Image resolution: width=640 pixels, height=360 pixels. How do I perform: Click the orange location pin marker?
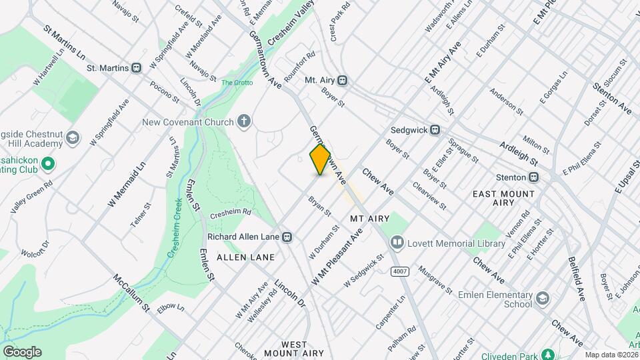(321, 159)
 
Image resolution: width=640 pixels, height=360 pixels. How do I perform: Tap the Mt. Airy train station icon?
(343, 80)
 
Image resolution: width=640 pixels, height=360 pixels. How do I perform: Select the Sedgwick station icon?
(435, 130)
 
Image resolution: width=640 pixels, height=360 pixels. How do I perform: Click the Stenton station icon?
(533, 177)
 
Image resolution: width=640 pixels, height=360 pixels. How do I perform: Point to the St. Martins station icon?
(137, 67)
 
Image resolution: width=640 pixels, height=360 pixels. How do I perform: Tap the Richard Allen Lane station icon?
(287, 237)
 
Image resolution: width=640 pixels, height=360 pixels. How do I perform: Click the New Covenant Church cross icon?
(245, 121)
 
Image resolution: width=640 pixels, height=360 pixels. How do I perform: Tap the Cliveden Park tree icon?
(548, 353)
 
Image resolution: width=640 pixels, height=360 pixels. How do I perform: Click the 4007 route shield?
(400, 271)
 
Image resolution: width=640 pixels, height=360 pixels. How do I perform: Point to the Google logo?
(22, 351)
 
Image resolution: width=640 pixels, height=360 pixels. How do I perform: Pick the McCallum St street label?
(131, 293)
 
